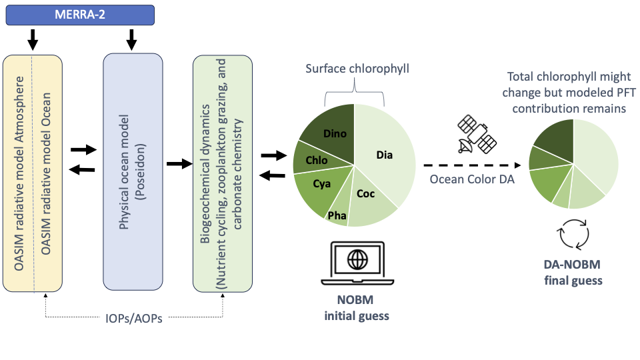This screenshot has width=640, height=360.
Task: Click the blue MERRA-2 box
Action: pyautogui.click(x=79, y=15)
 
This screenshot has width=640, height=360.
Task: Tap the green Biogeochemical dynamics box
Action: pyautogui.click(x=222, y=173)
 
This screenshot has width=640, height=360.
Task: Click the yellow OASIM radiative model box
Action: pyautogui.click(x=33, y=173)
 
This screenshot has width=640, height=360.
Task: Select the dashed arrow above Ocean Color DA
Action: pyautogui.click(x=471, y=165)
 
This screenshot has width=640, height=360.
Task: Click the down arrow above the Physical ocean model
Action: pyautogui.click(x=131, y=40)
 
